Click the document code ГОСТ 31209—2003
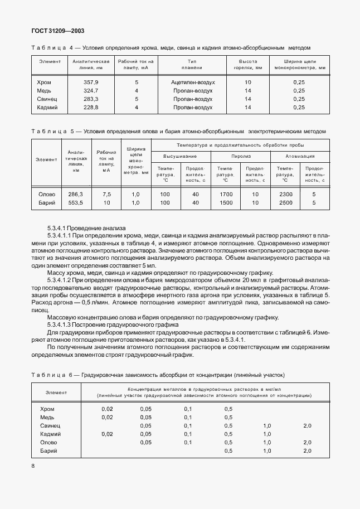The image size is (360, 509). pos(59,31)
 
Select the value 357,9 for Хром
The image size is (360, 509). pos(90,82)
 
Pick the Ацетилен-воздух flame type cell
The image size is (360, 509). pos(193,82)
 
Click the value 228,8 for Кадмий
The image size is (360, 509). pos(90,107)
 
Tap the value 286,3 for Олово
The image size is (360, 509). pos(75,194)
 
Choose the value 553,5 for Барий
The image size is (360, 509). pos(75,203)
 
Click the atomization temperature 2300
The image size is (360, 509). pos(285,194)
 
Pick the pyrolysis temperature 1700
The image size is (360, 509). pos(226,194)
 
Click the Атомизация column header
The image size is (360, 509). pos(300,157)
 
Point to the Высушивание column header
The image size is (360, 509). pos(180,157)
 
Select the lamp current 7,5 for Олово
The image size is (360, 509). pos(107,194)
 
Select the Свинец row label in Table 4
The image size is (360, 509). pos(47,99)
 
